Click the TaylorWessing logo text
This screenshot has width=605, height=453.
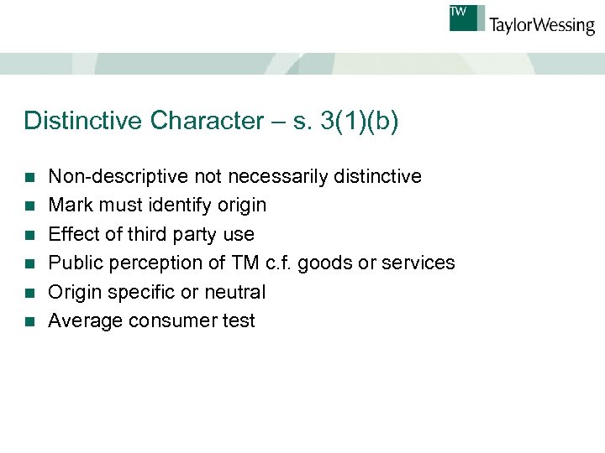click(541, 25)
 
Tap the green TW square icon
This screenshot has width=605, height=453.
click(467, 18)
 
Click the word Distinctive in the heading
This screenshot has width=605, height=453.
click(84, 121)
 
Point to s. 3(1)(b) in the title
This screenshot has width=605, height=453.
click(346, 121)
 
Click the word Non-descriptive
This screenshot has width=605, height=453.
click(118, 176)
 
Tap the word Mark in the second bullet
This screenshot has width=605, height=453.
click(68, 205)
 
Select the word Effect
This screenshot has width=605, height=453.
click(71, 234)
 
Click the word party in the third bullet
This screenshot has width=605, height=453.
click(195, 234)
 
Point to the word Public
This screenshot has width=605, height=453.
click(73, 263)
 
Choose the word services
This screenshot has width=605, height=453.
click(418, 263)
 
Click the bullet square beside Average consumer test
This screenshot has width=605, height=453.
click(30, 321)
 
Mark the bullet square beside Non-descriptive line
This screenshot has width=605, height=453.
click(30, 177)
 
